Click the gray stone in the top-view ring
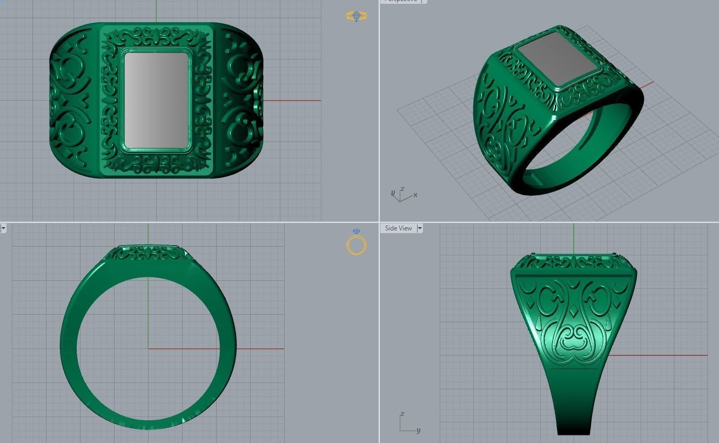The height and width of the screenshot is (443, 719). coord(156,101)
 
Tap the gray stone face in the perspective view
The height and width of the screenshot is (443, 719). coord(556,59)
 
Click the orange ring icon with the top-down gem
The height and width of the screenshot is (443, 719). coord(357,16)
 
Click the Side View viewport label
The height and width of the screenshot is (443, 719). coord(398,228)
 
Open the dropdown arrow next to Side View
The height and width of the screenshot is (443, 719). coord(420,228)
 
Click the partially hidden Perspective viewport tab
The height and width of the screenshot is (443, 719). coord(403,1)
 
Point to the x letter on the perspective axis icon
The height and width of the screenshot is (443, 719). coord(415,195)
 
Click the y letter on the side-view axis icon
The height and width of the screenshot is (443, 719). coord(419,431)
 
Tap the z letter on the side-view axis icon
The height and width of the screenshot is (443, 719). coord(402,414)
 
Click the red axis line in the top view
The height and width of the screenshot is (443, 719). coord(292,100)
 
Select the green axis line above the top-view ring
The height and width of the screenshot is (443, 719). coord(156,11)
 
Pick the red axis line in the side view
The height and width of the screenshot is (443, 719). coord(659,355)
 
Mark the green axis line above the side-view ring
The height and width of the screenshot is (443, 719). coord(574,238)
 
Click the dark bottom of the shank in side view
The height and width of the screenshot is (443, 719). coord(574,427)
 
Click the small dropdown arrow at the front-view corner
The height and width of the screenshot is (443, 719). coord(3,228)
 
